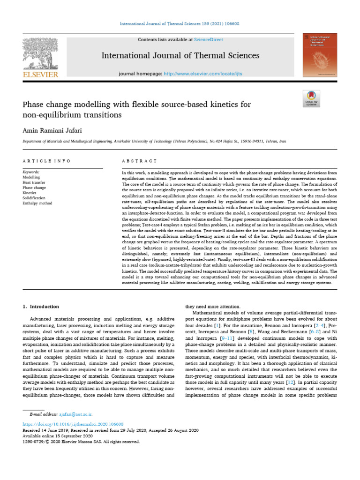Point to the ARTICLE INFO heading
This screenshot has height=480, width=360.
click(46, 161)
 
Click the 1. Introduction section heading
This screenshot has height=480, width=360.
click(41, 307)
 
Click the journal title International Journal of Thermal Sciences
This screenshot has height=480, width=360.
click(180, 56)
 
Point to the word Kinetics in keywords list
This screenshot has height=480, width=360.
click(30, 193)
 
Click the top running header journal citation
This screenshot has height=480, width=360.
click(180, 23)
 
